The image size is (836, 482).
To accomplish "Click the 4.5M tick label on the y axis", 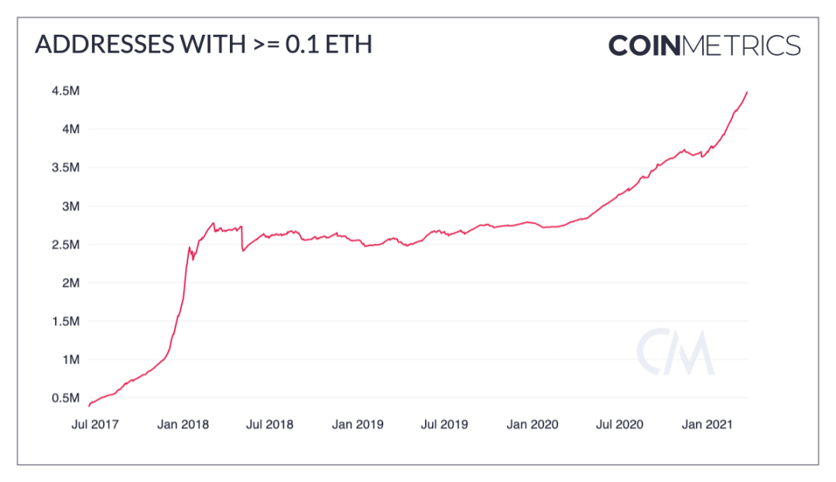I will (x=64, y=91).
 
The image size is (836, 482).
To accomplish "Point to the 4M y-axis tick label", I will (x=69, y=129).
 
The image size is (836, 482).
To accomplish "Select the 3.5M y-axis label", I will (x=64, y=168).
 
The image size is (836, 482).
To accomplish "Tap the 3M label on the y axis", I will (x=69, y=207).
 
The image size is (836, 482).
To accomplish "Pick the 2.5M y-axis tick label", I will (x=64, y=244).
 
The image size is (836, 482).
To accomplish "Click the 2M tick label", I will (x=69, y=283).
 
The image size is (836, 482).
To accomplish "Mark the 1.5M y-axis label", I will (x=64, y=321).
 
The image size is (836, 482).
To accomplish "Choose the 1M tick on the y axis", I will (x=69, y=360).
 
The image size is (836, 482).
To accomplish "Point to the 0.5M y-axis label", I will (x=64, y=398).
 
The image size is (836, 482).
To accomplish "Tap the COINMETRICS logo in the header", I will (x=704, y=45).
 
